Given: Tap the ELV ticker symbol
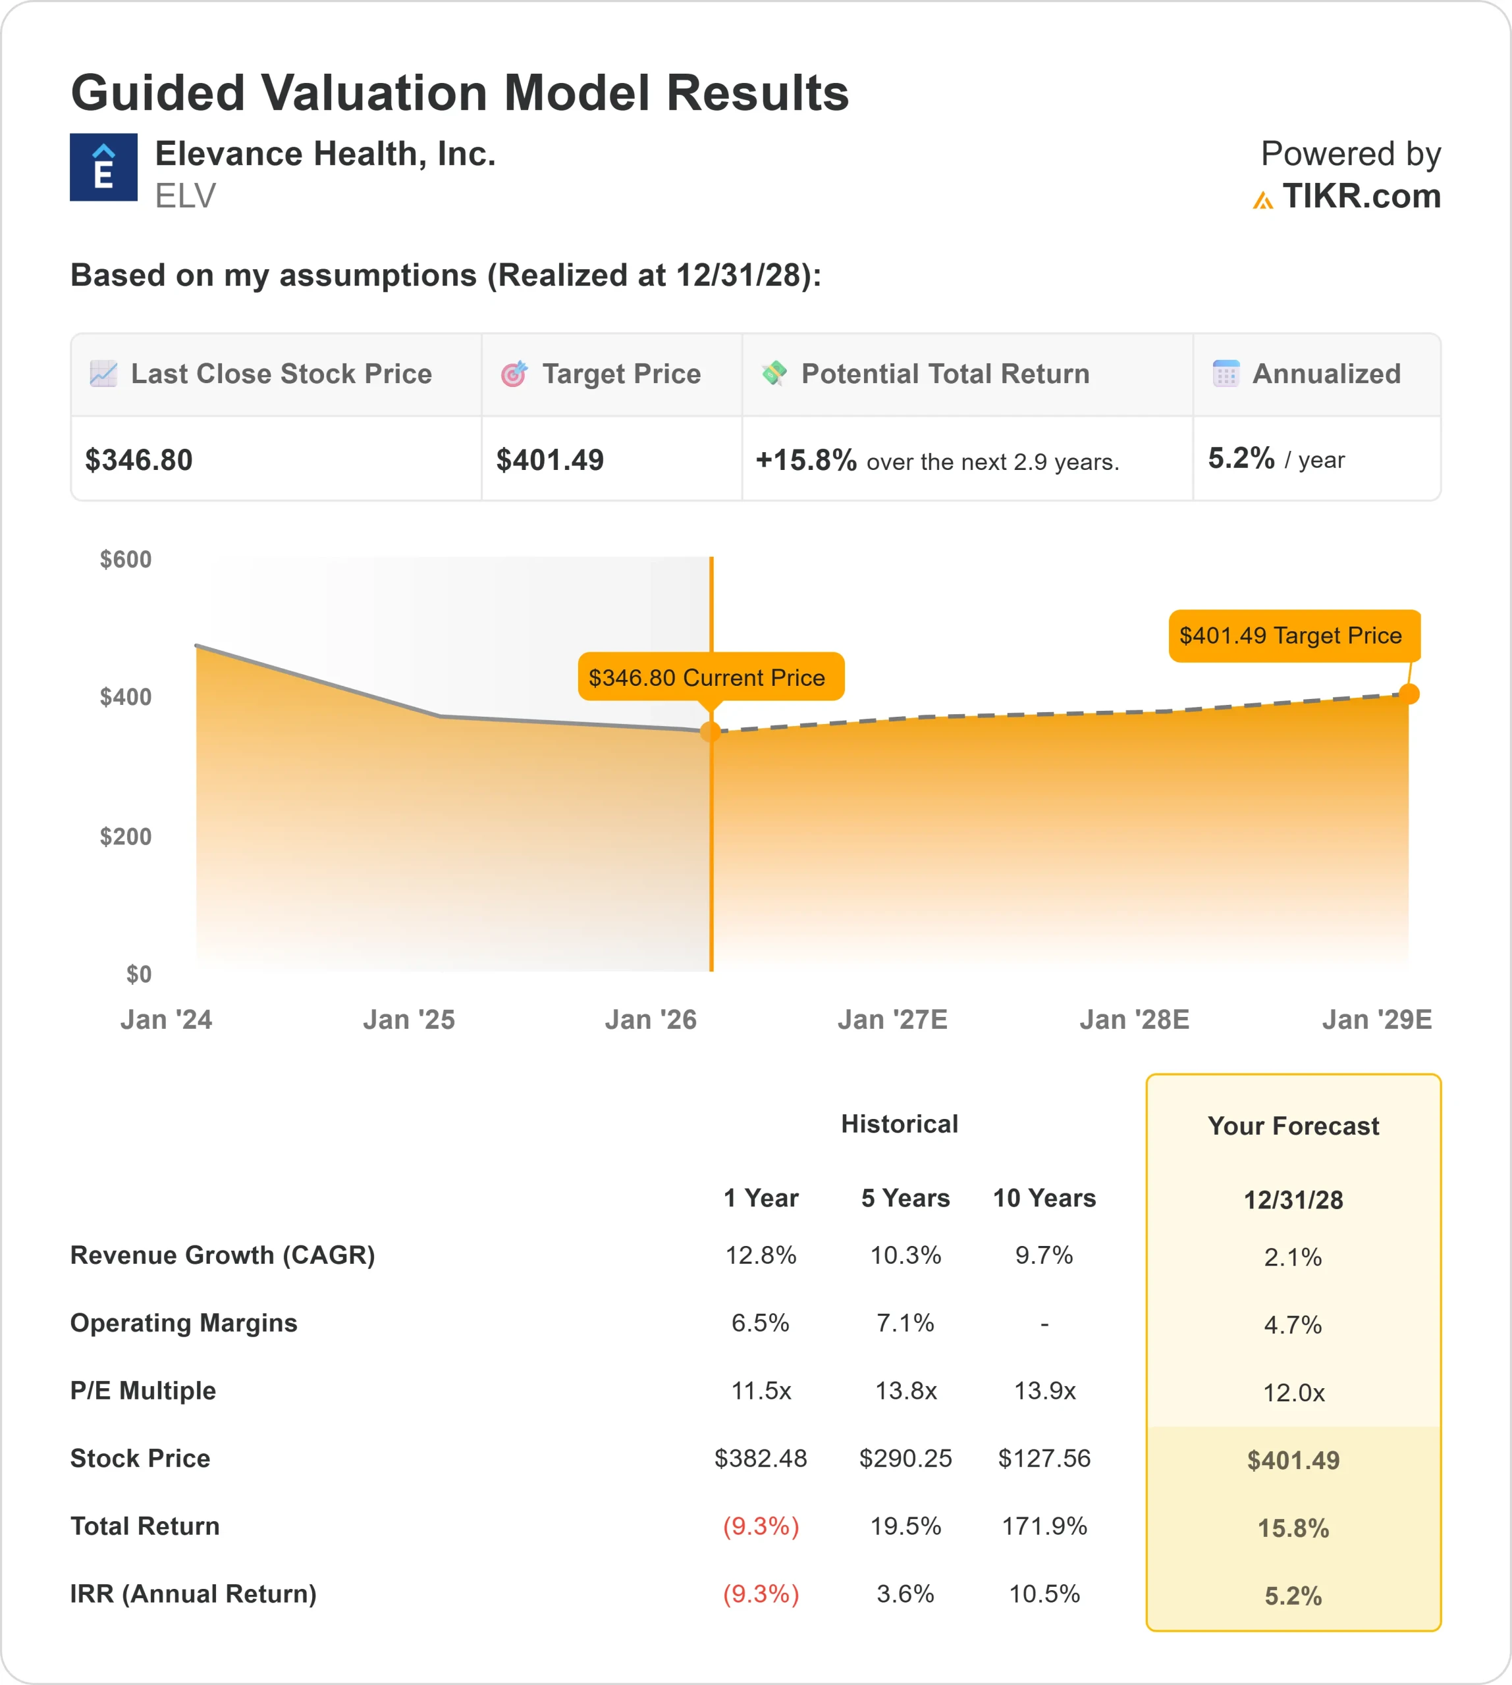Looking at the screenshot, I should click(185, 197).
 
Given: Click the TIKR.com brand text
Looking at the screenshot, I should click(1360, 197).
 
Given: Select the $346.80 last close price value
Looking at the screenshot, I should click(139, 460).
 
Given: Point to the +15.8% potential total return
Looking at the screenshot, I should click(805, 460).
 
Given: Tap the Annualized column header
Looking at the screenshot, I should click(1325, 374).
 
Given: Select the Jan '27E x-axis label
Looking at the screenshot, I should click(892, 1020).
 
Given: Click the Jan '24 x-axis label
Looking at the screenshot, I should click(166, 1020).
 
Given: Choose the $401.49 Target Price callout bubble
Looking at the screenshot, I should click(1293, 635).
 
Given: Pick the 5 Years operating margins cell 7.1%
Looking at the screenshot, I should click(905, 1323).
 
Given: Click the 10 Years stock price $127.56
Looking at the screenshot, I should click(1044, 1459).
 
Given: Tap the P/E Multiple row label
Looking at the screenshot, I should click(143, 1391).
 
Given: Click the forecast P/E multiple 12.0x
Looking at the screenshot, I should click(1293, 1393).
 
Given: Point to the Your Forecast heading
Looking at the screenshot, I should click(1293, 1126).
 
